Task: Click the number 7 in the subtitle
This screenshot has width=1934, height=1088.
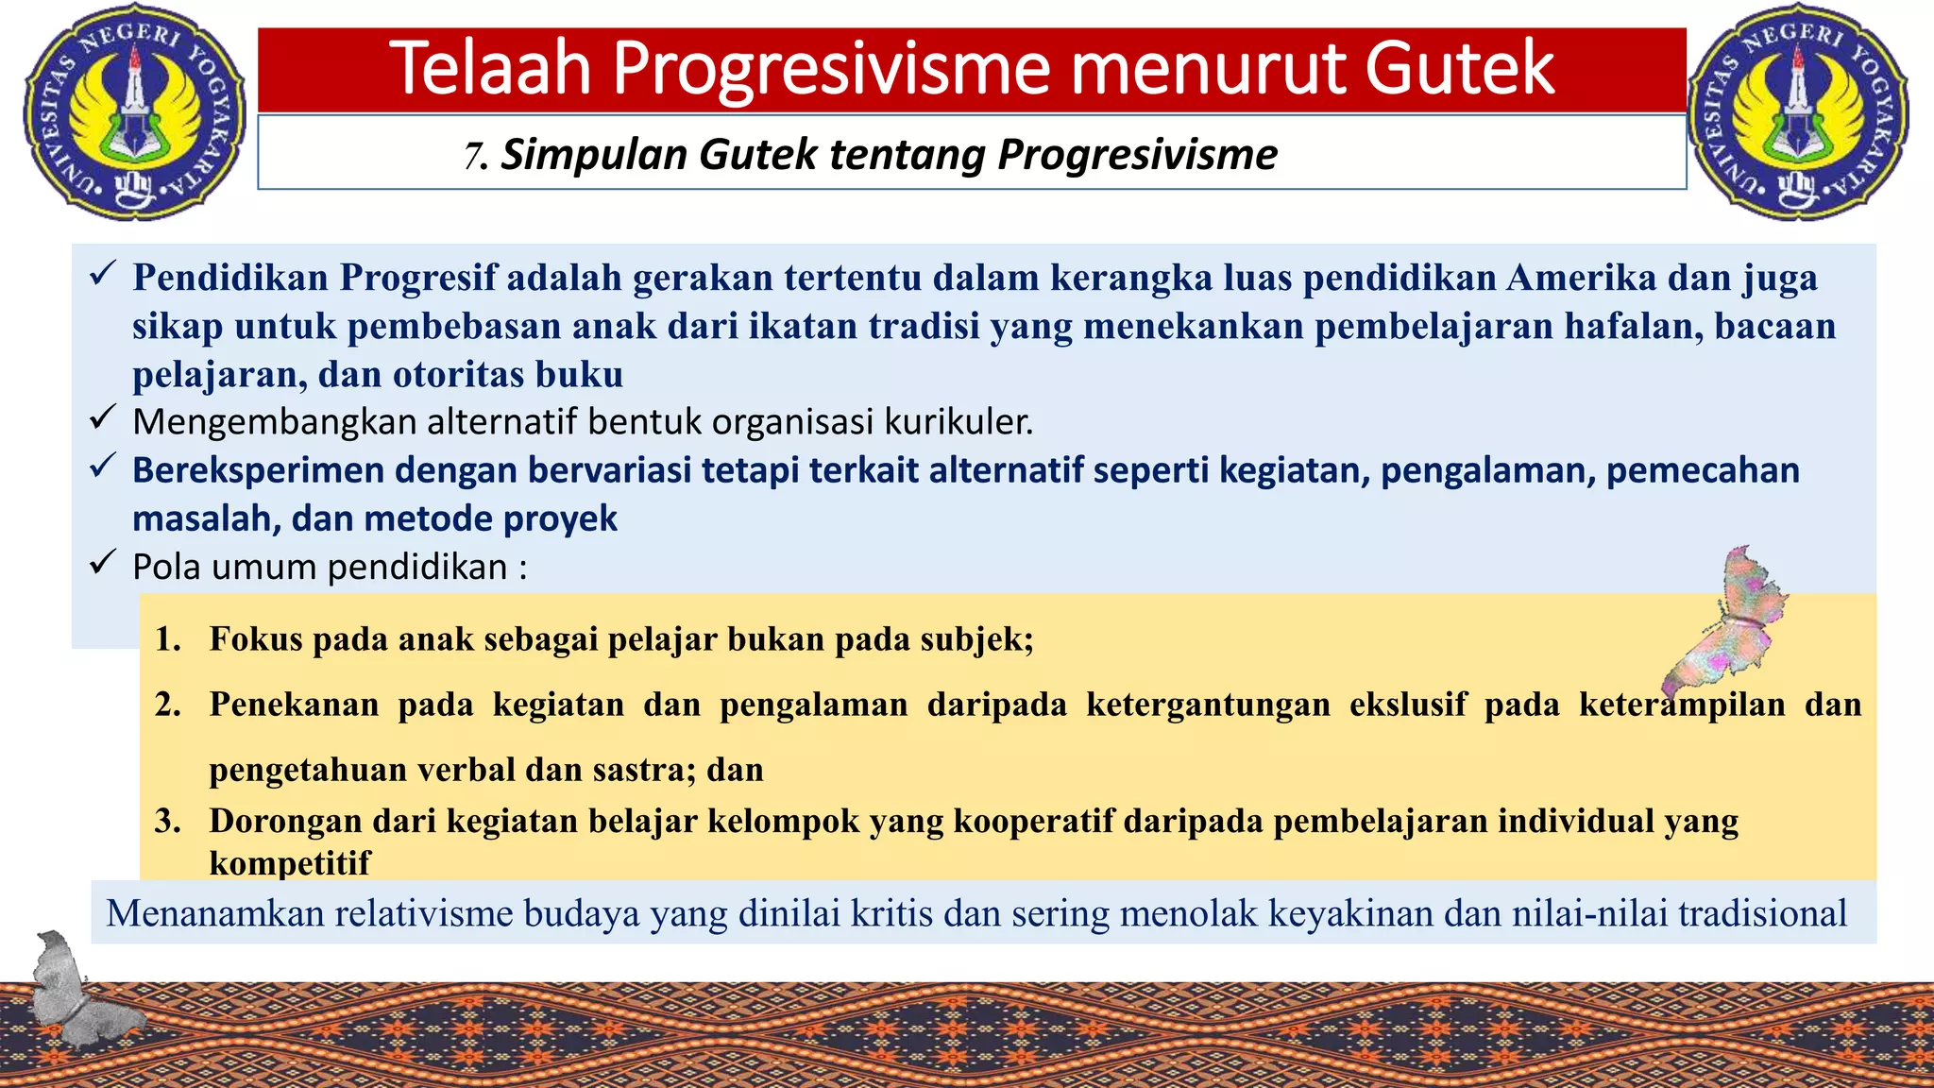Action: click(x=472, y=156)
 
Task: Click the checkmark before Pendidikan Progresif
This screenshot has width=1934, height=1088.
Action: click(x=102, y=275)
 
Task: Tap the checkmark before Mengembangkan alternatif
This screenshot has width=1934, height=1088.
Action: click(x=102, y=417)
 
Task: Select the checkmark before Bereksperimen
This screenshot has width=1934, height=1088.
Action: click(x=102, y=466)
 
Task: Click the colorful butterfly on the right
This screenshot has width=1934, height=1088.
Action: click(x=1728, y=623)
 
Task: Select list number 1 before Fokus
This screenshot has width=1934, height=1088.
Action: click(x=168, y=639)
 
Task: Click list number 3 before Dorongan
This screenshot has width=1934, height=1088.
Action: click(x=168, y=821)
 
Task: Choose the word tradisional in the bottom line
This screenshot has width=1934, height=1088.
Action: click(x=1762, y=913)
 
